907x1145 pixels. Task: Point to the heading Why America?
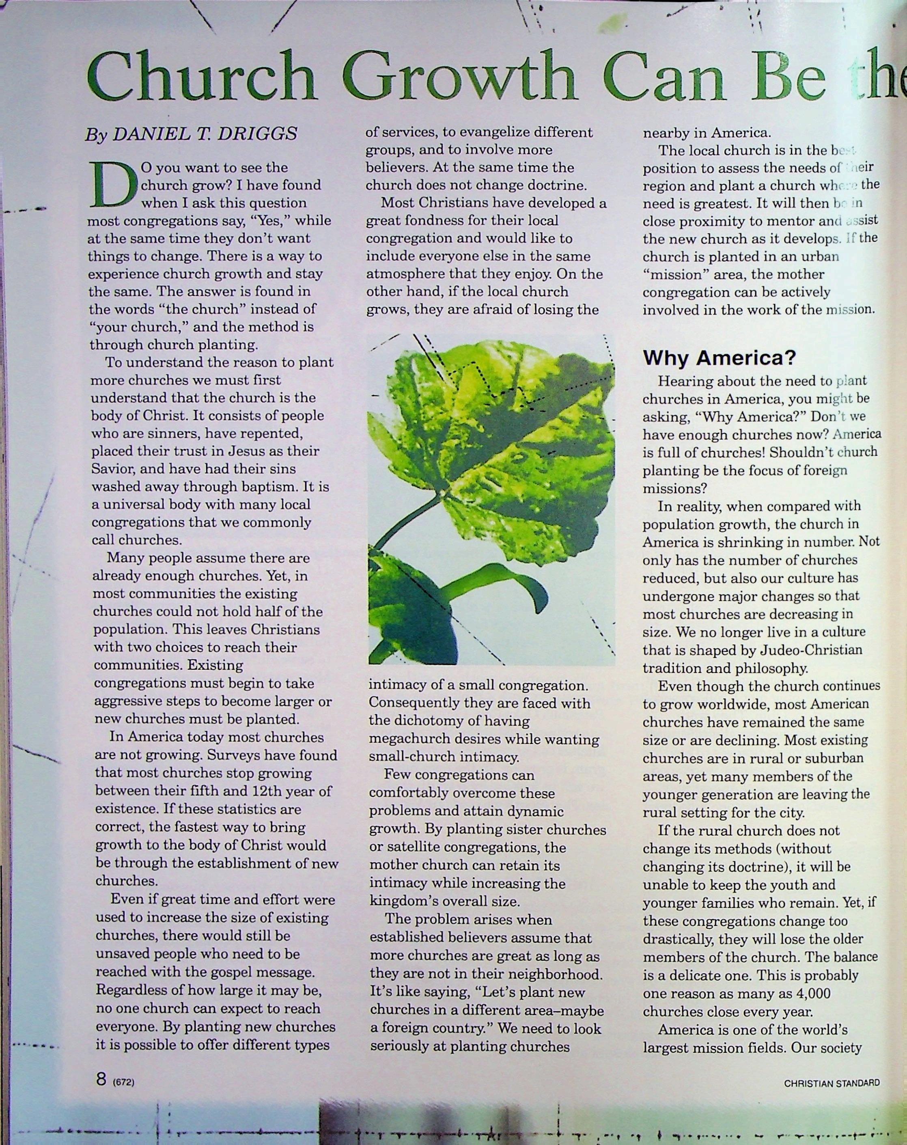tap(719, 358)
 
